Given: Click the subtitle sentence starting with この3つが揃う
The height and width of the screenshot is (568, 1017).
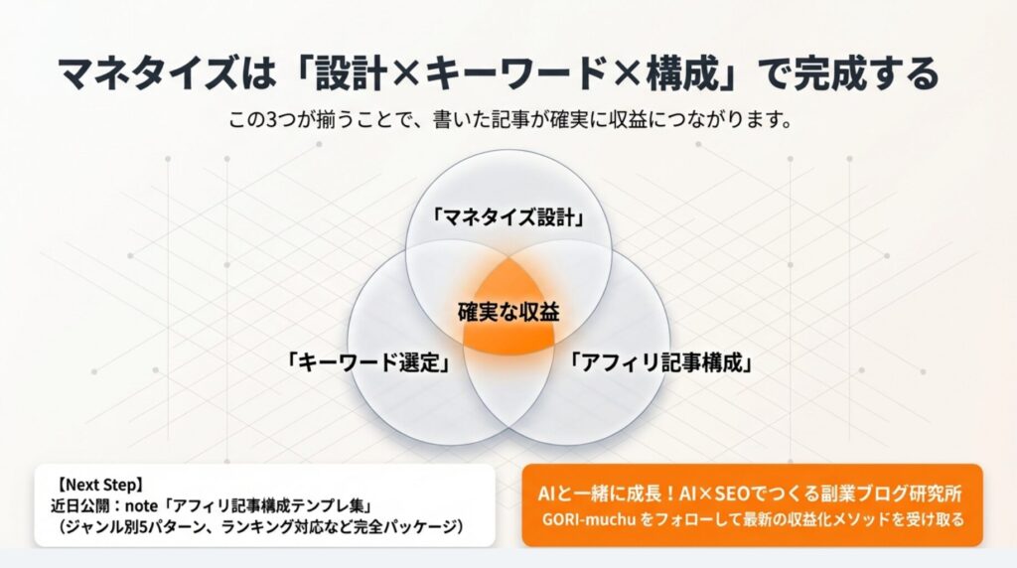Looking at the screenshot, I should tap(508, 122).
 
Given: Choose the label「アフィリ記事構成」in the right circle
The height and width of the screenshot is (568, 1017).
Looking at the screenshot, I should tap(659, 362).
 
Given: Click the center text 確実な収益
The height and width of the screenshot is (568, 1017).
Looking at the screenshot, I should tap(508, 312).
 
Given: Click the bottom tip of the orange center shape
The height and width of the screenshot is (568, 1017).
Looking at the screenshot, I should tap(508, 355).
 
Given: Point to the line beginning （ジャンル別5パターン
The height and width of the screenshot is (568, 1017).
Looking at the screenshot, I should tap(261, 523).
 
